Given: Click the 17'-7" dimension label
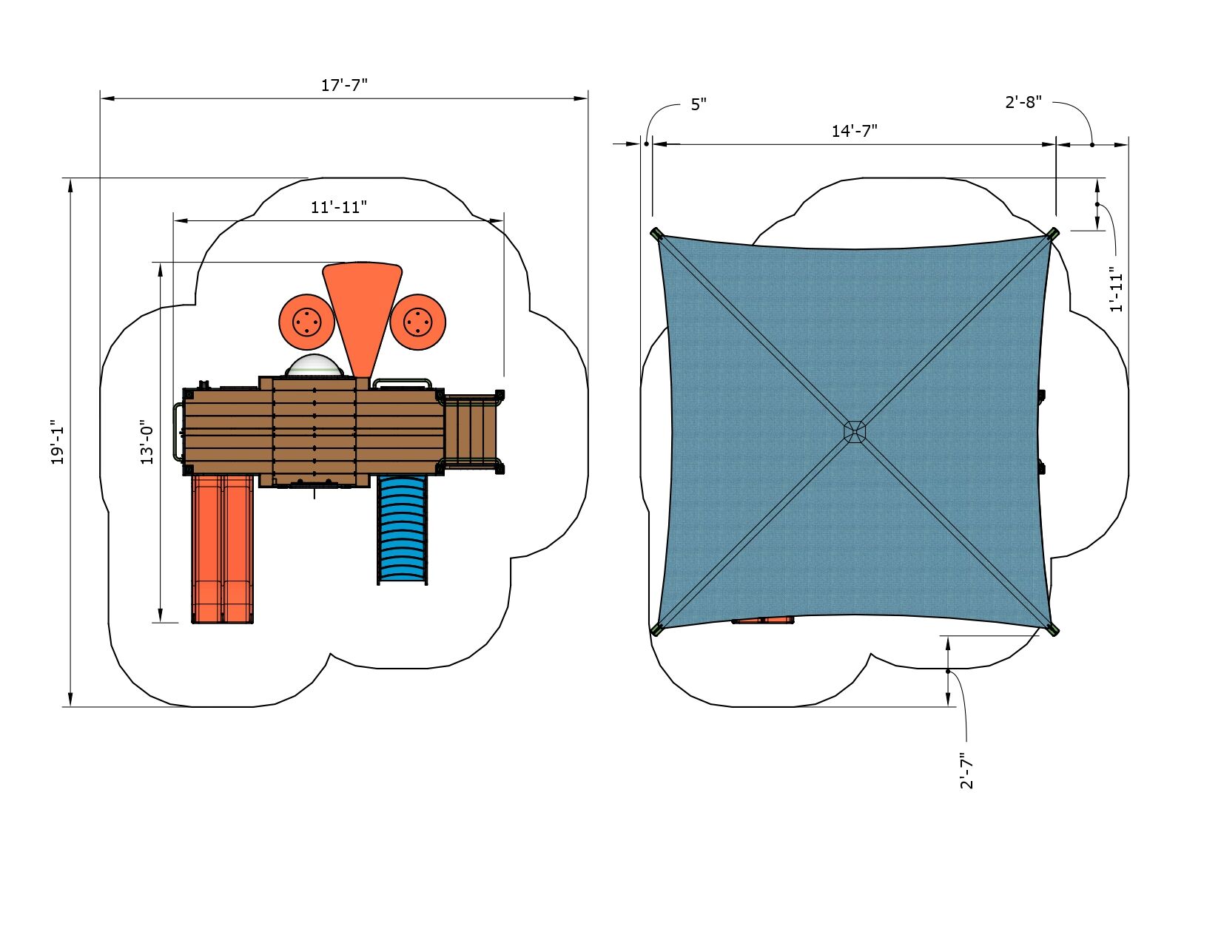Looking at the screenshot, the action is pyautogui.click(x=344, y=85).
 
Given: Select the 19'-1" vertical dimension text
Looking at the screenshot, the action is pyautogui.click(x=58, y=442).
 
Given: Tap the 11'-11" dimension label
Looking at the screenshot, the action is pyautogui.click(x=339, y=207).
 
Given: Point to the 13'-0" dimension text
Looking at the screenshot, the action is pyautogui.click(x=147, y=442).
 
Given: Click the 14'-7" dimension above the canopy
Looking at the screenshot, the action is pyautogui.click(x=854, y=131).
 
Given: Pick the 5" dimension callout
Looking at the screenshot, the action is pyautogui.click(x=699, y=104).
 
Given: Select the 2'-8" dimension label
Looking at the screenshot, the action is pyautogui.click(x=1023, y=102).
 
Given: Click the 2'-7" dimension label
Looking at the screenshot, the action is pyautogui.click(x=966, y=771).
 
